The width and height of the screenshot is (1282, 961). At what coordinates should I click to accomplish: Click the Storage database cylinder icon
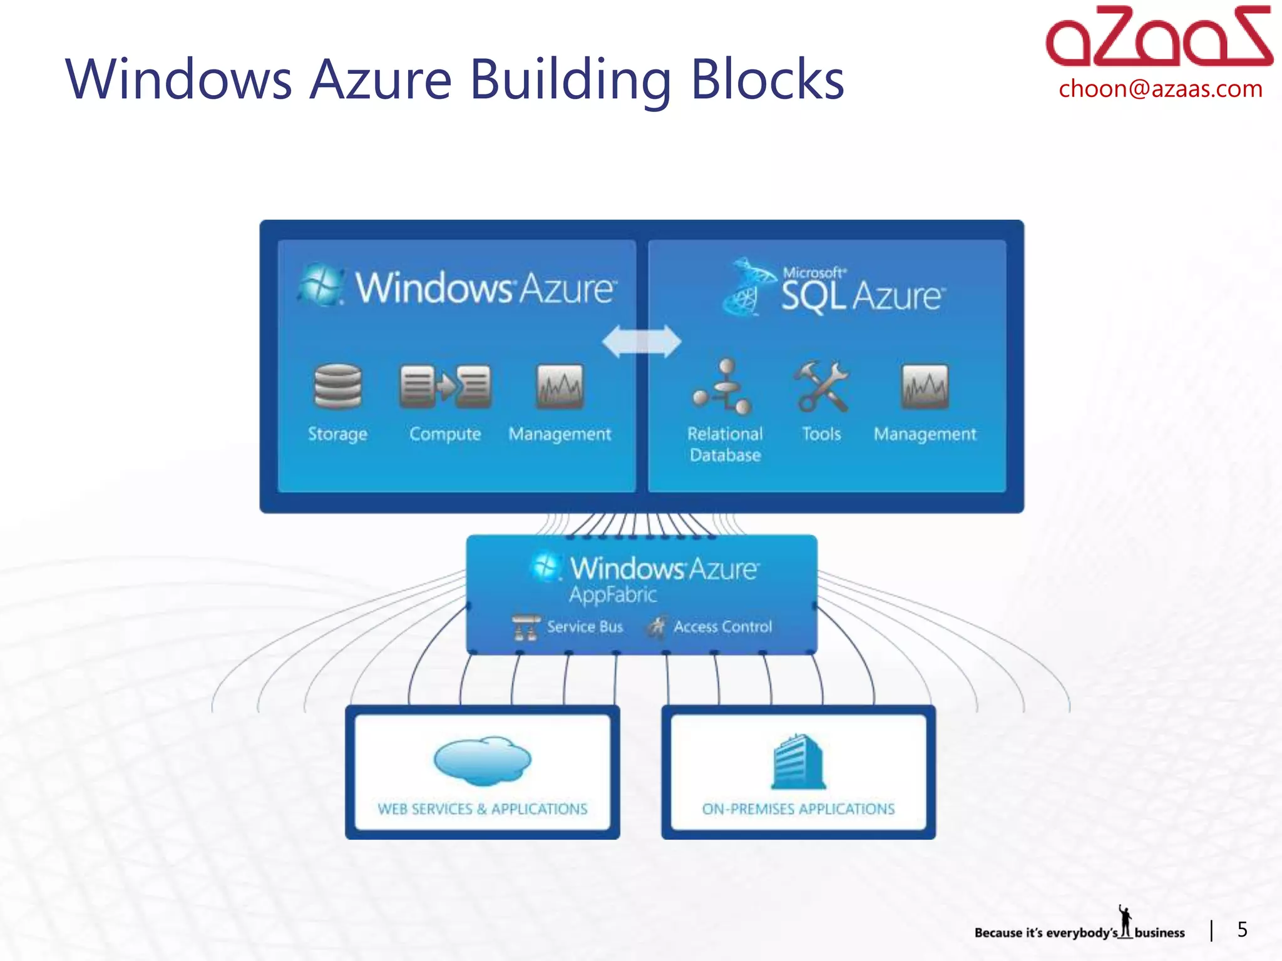[x=337, y=386]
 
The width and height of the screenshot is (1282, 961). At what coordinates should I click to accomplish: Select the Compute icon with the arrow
[x=445, y=386]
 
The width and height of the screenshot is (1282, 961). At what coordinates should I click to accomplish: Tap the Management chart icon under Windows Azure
[x=560, y=386]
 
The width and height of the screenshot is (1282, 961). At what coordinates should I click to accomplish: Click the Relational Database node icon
[x=724, y=387]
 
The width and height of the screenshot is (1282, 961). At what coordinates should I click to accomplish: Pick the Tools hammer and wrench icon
[x=821, y=386]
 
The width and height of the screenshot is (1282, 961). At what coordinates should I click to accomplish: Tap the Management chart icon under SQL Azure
[x=925, y=386]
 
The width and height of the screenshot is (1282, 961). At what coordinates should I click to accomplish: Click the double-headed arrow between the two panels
[x=642, y=342]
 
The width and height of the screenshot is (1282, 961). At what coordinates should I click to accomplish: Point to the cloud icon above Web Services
[x=482, y=760]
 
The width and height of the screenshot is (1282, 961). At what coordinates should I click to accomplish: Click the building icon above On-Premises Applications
[x=798, y=761]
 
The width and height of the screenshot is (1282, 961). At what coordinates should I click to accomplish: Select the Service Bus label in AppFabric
[x=585, y=627]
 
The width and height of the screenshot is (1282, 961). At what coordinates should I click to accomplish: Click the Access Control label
[x=722, y=627]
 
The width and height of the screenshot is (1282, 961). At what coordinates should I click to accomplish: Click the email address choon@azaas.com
[x=1160, y=89]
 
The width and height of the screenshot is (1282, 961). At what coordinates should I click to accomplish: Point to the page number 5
[x=1242, y=930]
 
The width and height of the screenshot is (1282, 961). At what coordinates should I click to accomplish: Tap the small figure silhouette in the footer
[x=1126, y=922]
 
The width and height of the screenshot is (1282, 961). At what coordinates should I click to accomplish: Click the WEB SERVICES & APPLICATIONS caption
[x=482, y=809]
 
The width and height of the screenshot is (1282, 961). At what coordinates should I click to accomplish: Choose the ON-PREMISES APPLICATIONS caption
[x=798, y=809]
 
